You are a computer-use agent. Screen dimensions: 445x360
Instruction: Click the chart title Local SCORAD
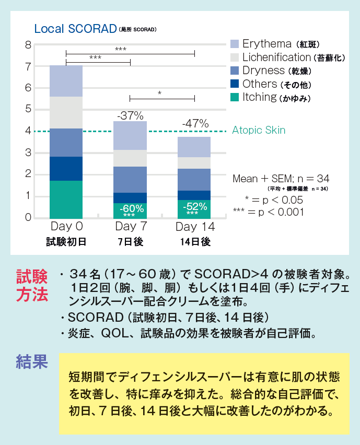click(75, 29)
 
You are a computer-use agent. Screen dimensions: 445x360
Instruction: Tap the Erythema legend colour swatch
click(235, 44)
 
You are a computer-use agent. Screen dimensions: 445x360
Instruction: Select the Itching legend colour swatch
click(235, 97)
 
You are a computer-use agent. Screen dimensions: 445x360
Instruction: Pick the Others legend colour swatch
click(235, 84)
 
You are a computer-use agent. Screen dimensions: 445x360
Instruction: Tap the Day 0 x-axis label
click(66, 227)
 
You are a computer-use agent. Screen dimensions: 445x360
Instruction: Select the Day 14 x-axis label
click(195, 227)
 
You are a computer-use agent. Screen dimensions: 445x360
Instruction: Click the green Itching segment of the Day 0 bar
click(66, 199)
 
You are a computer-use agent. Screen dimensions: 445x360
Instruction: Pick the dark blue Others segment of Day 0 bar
click(66, 168)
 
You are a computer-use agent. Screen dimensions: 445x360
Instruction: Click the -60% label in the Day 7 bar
click(130, 208)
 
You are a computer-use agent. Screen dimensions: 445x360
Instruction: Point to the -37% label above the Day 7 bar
click(130, 115)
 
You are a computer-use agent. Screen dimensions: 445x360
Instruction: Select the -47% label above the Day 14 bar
click(195, 124)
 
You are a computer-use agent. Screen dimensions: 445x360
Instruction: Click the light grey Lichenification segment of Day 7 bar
click(130, 158)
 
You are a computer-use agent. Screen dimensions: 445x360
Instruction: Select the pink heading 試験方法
click(32, 285)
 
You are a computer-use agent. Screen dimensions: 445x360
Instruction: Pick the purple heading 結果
click(32, 361)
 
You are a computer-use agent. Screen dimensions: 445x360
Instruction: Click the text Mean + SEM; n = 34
click(281, 179)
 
